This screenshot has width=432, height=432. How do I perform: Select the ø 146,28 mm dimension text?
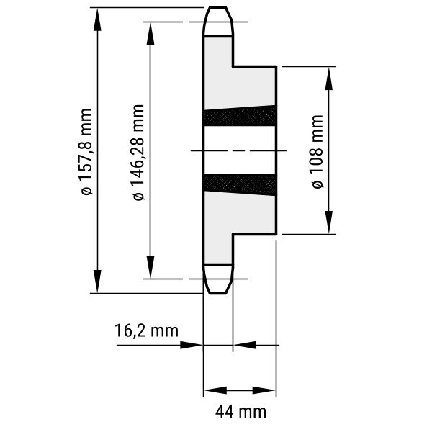[x=138, y=153]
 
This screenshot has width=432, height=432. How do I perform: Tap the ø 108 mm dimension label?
[x=317, y=152]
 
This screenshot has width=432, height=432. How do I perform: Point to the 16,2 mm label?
[x=146, y=331]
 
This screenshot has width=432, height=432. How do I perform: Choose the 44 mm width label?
[x=240, y=412]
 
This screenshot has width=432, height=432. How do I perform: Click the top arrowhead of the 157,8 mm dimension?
[x=97, y=19]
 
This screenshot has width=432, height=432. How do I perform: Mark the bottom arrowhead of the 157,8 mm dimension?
[x=97, y=282]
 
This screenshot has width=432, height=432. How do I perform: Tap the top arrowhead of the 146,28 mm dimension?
[x=150, y=33]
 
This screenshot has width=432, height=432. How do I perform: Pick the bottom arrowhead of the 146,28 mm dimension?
[x=150, y=267]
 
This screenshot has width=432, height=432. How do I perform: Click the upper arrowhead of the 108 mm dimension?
[x=329, y=78]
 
